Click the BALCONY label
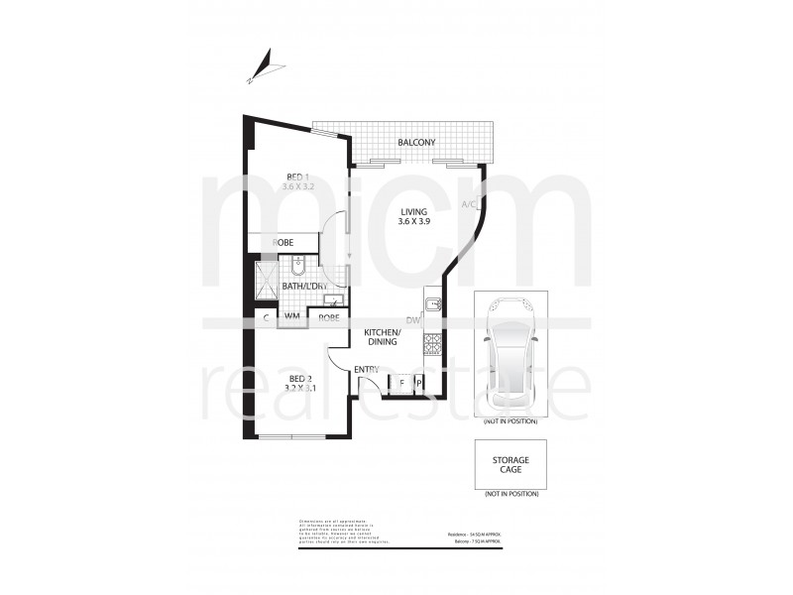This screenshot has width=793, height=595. pyautogui.click(x=416, y=143)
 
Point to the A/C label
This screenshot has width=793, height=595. pyautogui.click(x=470, y=204)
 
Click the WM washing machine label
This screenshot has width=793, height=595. pyautogui.click(x=292, y=317)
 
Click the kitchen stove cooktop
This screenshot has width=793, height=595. pyautogui.click(x=432, y=344)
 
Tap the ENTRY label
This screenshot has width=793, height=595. pyautogui.click(x=368, y=370)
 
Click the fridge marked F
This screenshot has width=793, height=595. pyautogui.click(x=400, y=382)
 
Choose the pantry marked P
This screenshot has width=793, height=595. pyautogui.click(x=418, y=382)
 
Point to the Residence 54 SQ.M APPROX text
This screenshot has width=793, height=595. pyautogui.click(x=475, y=534)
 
